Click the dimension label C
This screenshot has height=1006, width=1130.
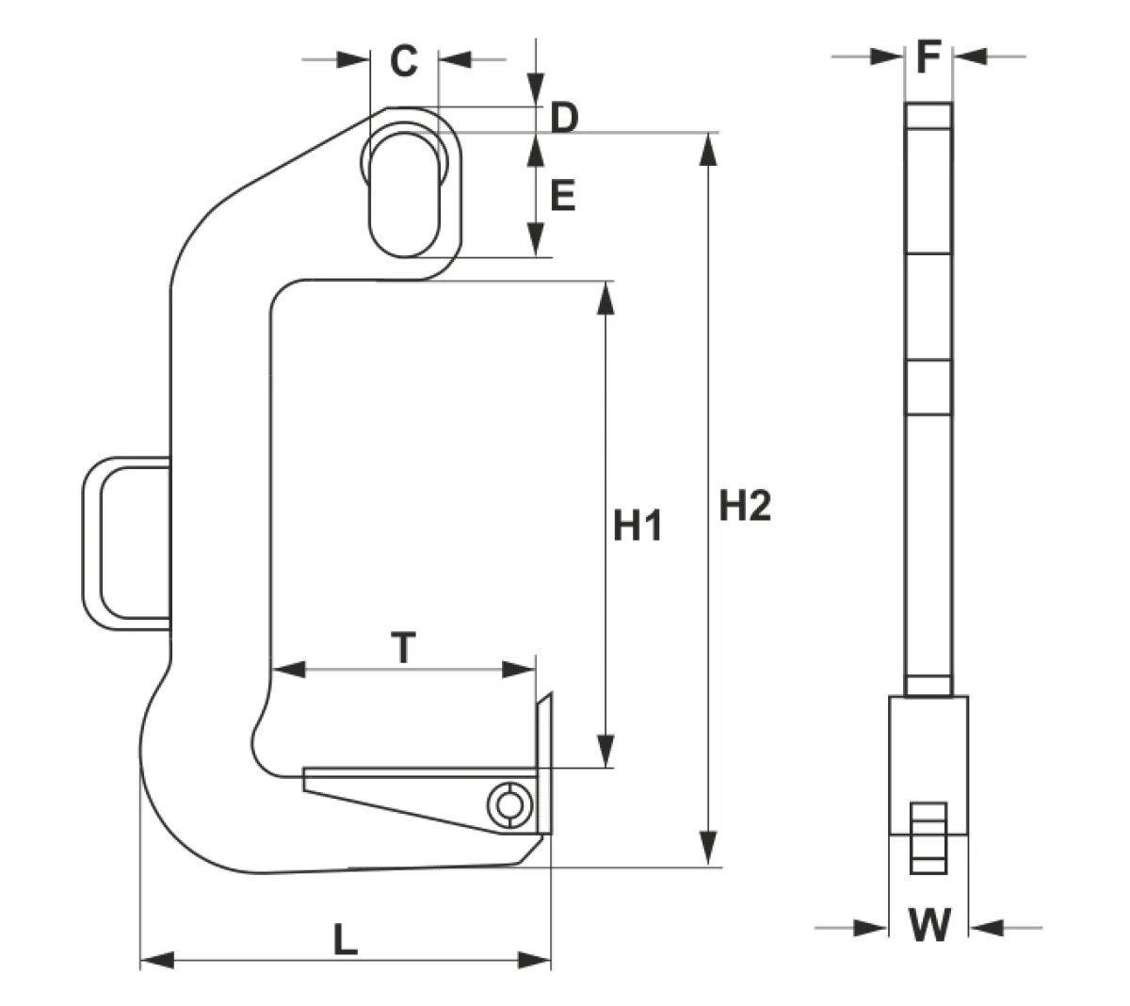tap(404, 60)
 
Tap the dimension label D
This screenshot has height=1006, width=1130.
tap(564, 118)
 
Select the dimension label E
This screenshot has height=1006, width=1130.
tap(563, 196)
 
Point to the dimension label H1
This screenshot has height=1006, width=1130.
tap(638, 526)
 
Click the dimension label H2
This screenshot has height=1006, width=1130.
tap(745, 506)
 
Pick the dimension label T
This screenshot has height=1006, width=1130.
tap(403, 647)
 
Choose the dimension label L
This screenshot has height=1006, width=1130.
tap(346, 939)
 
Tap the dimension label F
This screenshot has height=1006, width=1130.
tap(928, 57)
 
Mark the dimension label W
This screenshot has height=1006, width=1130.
tap(929, 925)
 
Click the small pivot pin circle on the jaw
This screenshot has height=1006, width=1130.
tap(509, 805)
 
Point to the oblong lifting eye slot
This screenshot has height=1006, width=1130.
tap(404, 195)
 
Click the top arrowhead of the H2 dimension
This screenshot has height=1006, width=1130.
tap(708, 150)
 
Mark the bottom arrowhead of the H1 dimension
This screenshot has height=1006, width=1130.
tap(605, 751)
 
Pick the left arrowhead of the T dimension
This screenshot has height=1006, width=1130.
tap(288, 670)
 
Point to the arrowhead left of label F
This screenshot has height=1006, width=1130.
tap(887, 57)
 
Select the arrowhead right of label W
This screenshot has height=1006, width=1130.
tap(987, 929)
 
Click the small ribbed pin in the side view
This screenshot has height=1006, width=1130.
tap(928, 838)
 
